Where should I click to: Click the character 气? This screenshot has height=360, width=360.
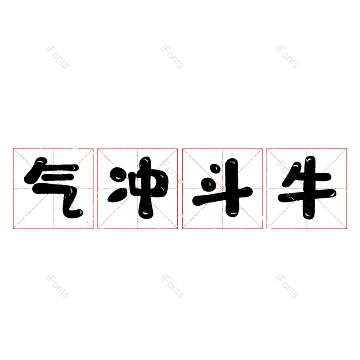coord(53,188)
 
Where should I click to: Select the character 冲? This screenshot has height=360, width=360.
coord(138,188)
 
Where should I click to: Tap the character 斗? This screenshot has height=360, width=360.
coord(222,188)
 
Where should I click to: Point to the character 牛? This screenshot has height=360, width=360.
coord(307,188)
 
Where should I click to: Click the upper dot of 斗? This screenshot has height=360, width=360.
coord(216,169)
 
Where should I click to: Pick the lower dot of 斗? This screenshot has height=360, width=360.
coord(207,184)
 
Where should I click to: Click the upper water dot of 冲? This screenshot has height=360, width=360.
coord(118,175)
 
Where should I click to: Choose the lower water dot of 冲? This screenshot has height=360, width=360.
coord(117,195)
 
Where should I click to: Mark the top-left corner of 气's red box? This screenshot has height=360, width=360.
coord(13,149)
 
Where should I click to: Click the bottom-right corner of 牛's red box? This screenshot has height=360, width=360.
coord(346,229)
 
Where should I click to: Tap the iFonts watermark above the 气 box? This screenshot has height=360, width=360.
coord(57,57)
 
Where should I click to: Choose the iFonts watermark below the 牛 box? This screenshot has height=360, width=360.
coord(287,286)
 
